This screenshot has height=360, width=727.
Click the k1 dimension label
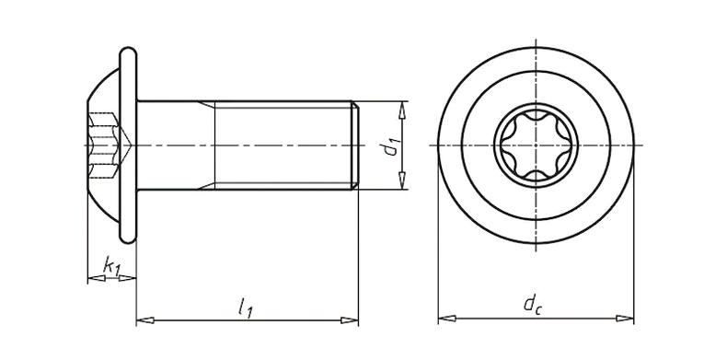pos(111,267)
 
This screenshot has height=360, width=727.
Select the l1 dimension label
pos(246,308)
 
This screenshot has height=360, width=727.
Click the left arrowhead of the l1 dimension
pos(145,320)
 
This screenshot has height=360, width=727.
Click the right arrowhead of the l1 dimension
pos(349,320)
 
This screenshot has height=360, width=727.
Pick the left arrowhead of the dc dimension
pos(447,319)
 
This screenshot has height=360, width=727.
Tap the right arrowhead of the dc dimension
pos(625,319)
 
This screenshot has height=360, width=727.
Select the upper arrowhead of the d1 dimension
pos(402,110)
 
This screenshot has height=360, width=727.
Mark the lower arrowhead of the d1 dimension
pos(402,180)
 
